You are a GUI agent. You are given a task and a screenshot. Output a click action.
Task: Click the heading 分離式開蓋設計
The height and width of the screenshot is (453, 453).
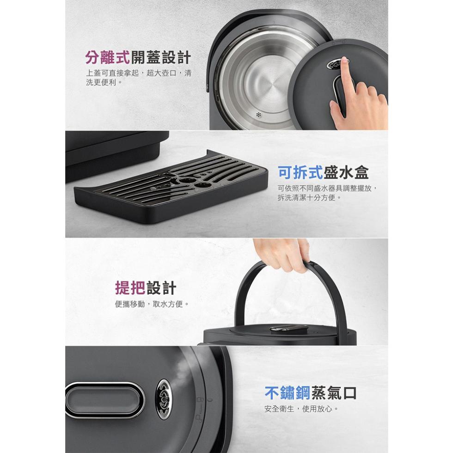click(138, 57)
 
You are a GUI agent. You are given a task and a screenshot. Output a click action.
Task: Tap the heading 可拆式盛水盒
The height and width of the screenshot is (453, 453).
click(323, 172)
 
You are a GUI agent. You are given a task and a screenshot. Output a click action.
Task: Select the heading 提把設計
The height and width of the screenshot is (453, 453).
click(146, 288)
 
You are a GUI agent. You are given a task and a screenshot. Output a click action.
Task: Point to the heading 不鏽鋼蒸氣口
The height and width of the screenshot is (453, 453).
click(311, 392)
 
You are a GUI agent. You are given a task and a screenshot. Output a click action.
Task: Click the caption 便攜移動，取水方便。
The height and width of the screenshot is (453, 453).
click(152, 304)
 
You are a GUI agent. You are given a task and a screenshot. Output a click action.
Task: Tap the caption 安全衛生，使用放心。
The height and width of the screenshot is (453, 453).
click(301, 409)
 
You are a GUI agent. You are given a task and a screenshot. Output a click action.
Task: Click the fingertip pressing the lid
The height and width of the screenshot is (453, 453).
click(344, 61)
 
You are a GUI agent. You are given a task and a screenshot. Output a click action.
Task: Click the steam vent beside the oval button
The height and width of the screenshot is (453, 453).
click(164, 399)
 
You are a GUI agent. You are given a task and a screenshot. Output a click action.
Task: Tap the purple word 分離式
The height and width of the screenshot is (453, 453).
click(107, 57)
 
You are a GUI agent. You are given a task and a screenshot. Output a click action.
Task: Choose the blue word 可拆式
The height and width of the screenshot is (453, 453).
click(300, 172)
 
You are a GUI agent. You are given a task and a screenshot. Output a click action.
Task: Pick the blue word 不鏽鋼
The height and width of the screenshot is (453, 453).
click(287, 392)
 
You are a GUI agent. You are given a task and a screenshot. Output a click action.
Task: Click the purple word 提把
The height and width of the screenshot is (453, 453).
click(130, 288)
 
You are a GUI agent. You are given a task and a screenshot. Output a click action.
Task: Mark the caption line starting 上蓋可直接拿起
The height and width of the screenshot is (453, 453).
click(139, 73)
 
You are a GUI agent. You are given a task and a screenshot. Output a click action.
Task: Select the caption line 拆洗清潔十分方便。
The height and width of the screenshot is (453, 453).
click(306, 198)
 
